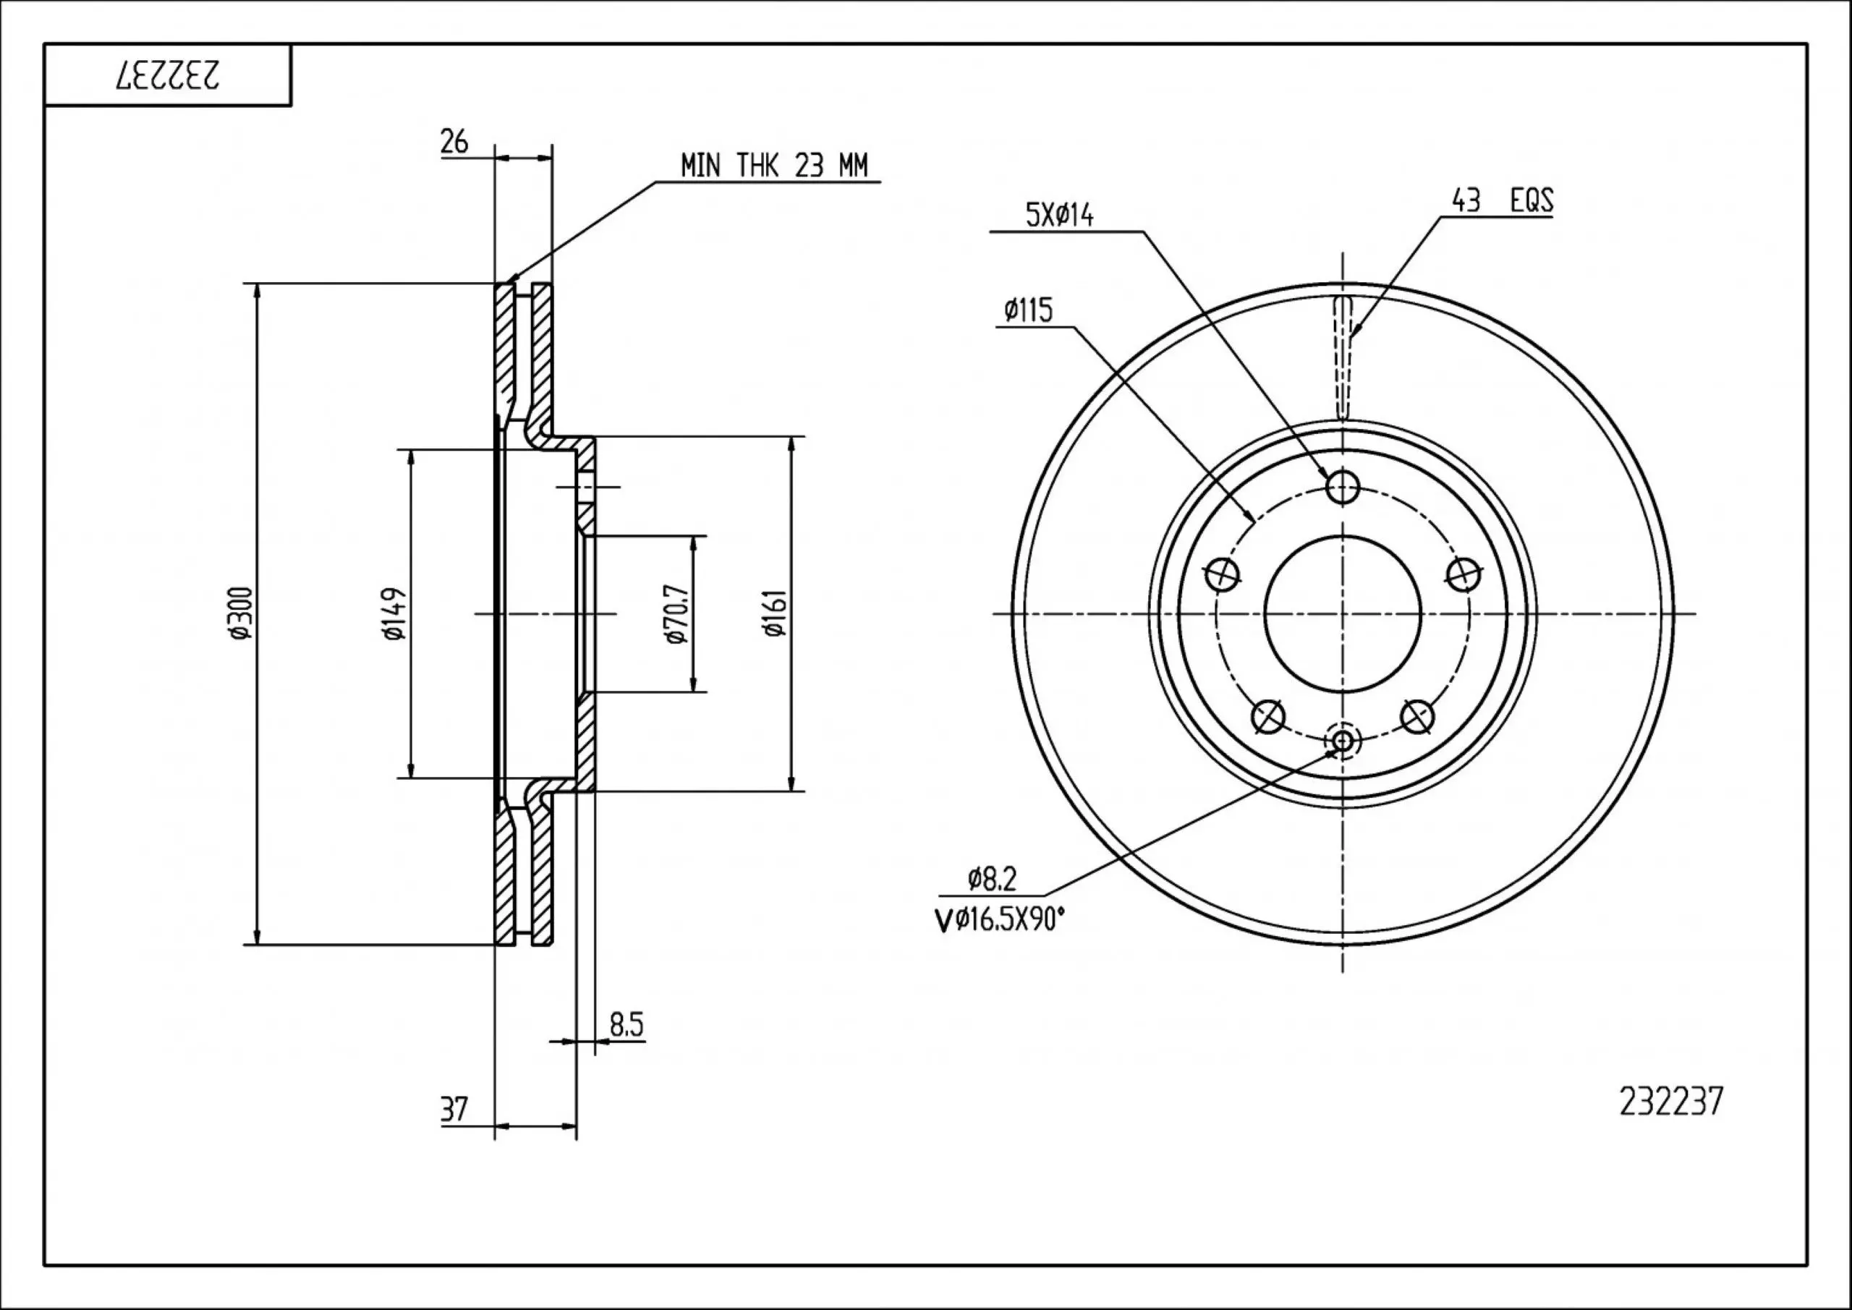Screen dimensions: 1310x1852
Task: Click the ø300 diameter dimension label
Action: coord(239,613)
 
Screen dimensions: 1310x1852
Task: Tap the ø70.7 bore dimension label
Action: coord(676,613)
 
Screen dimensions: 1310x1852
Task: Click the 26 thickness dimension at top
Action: coord(454,142)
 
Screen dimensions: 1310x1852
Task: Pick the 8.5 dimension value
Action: coord(626,1025)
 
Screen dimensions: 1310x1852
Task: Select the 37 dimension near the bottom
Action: coord(454,1109)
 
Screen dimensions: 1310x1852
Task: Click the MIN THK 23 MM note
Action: coord(773,166)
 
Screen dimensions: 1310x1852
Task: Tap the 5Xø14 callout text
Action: coord(1059,216)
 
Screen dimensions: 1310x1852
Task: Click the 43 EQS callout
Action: coord(1502,201)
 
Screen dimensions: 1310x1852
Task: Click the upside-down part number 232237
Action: coord(169,76)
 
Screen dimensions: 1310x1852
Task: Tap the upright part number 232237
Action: coord(1670,1102)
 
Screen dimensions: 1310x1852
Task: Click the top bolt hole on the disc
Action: coord(1342,486)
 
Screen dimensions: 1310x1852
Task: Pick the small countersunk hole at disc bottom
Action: coord(1343,741)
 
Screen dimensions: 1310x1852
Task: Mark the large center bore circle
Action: coord(1342,613)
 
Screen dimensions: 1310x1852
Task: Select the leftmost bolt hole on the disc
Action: coord(1222,574)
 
